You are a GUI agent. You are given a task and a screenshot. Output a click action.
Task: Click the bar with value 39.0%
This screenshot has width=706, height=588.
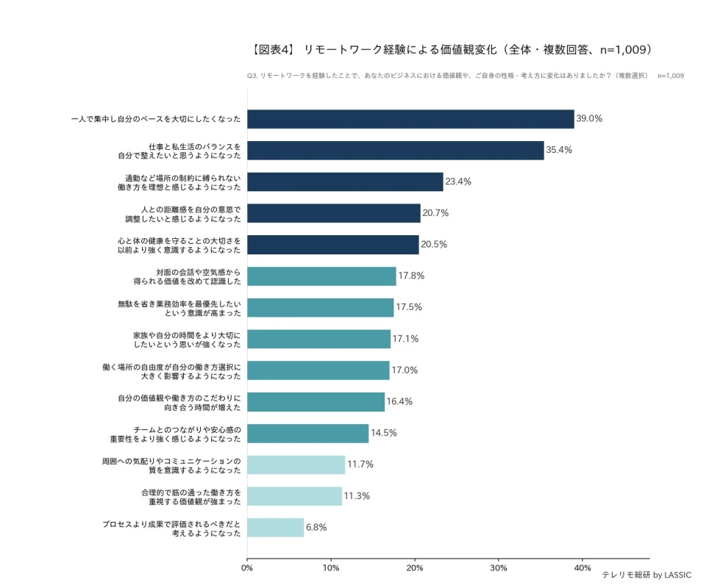tap(410, 119)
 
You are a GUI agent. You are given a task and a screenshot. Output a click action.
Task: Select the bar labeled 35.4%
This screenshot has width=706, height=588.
tap(396, 150)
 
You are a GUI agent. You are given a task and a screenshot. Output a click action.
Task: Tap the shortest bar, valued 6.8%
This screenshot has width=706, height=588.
tap(275, 527)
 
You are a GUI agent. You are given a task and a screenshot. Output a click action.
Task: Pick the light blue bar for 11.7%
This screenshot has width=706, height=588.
tap(296, 465)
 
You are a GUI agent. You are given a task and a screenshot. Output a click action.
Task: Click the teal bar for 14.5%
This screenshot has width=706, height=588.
tap(307, 433)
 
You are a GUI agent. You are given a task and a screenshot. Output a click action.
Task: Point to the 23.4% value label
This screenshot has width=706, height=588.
tap(457, 182)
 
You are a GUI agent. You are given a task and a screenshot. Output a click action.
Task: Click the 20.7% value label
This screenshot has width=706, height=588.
tap(435, 213)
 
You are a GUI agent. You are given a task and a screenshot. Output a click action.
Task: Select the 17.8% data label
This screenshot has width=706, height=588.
tap(411, 276)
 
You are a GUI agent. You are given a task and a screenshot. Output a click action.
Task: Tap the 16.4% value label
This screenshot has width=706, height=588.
tap(399, 401)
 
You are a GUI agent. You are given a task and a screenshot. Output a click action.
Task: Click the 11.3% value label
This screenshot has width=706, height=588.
tap(357, 495)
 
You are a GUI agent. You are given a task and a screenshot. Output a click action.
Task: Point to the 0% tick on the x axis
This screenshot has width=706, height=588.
tap(247, 567)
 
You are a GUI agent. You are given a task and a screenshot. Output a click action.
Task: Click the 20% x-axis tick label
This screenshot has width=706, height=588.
tap(415, 567)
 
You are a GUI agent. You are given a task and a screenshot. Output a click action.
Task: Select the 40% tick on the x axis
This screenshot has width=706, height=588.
tap(582, 567)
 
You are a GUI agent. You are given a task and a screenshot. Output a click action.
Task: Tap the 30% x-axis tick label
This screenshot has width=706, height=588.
tap(499, 567)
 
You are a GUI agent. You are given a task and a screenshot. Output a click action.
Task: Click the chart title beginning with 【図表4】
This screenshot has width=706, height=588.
tap(452, 50)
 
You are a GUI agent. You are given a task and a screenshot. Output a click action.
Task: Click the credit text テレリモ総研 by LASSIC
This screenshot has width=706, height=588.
tap(646, 576)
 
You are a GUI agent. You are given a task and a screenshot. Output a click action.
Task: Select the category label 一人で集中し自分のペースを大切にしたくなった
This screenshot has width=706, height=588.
tap(156, 119)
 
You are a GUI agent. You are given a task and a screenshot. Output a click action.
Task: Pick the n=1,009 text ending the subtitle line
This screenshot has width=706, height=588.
tap(670, 76)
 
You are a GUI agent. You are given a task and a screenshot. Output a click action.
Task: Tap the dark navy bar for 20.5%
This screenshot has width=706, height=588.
tap(332, 245)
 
